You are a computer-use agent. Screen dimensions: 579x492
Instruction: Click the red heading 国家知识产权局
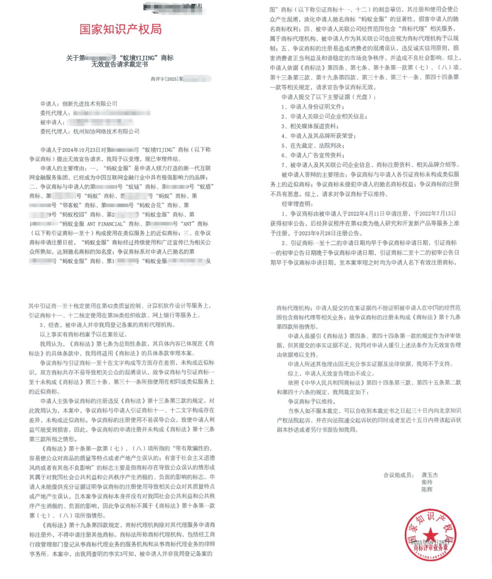(x=120, y=29)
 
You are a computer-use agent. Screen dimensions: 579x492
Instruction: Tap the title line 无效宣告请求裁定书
(x=120, y=65)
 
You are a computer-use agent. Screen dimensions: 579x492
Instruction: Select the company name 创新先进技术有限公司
(x=90, y=104)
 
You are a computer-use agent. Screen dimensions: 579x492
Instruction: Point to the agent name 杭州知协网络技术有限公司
(x=106, y=131)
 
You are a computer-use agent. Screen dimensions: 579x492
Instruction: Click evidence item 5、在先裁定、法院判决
(x=312, y=146)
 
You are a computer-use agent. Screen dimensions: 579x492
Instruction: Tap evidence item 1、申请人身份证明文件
(x=312, y=107)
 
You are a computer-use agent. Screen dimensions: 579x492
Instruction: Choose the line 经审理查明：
(x=298, y=204)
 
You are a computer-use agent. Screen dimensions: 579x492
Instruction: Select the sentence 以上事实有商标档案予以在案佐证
(x=83, y=334)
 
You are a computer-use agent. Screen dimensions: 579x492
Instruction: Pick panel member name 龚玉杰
(x=429, y=475)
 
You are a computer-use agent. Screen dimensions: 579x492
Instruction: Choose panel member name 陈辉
(x=427, y=489)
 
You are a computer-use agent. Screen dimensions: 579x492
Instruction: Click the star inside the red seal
(x=430, y=534)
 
